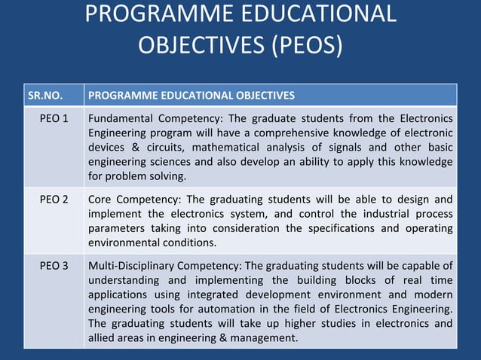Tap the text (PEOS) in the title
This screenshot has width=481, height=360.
point(305,44)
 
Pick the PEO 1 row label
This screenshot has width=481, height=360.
point(54,118)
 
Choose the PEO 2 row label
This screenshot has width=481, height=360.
point(54,200)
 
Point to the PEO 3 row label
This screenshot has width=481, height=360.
point(54,266)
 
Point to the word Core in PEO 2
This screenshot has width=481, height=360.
point(101,200)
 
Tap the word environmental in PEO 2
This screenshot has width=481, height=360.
point(124,243)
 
